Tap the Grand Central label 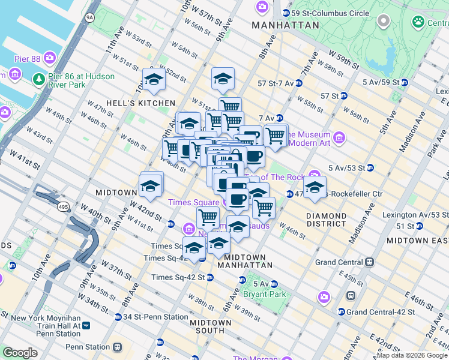click(x=339, y=262)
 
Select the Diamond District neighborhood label click(x=326, y=221)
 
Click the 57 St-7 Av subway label click(x=275, y=83)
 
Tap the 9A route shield click(x=90, y=17)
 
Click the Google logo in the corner click(x=20, y=353)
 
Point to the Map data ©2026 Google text click(x=412, y=355)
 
